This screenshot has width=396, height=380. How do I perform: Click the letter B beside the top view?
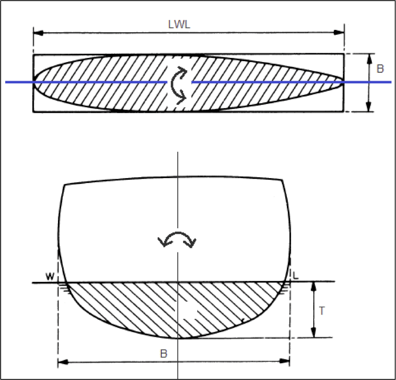coord(380,69)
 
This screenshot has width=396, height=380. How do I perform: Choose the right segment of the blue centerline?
coord(290,82)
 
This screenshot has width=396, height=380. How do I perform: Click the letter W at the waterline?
coord(51,277)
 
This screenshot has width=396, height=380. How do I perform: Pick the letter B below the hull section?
coord(164,354)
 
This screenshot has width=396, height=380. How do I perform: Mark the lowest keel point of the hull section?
coord(179,338)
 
